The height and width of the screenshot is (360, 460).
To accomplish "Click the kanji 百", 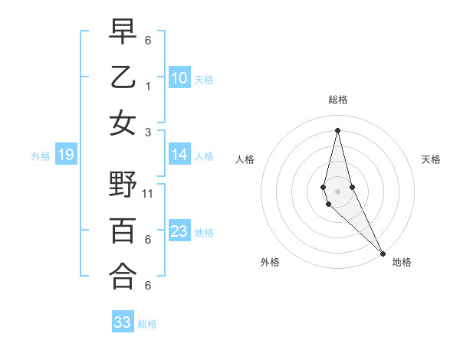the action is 123,231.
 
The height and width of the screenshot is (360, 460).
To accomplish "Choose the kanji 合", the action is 123,277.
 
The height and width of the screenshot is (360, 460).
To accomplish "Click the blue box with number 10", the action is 179,78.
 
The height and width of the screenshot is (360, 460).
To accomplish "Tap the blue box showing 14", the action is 179,155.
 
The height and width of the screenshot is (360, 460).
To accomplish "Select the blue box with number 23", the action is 179,232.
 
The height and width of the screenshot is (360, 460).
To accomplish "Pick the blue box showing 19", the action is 65,155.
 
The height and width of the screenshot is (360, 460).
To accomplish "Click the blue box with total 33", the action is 122,322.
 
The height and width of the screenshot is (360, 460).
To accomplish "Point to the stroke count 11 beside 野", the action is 148,194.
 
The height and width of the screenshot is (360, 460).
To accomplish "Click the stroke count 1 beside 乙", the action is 148,87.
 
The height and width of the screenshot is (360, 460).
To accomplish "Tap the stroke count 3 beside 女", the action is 148,132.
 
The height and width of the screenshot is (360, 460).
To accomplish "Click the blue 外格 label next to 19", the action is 41,156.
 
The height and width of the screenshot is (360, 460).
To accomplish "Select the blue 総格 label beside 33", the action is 147,324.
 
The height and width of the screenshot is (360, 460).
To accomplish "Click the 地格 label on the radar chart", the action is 402,262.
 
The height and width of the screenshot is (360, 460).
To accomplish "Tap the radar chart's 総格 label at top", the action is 337,100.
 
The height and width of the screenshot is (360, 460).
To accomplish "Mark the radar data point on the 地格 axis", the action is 383,253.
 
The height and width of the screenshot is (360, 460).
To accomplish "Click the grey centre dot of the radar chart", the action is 337,191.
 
